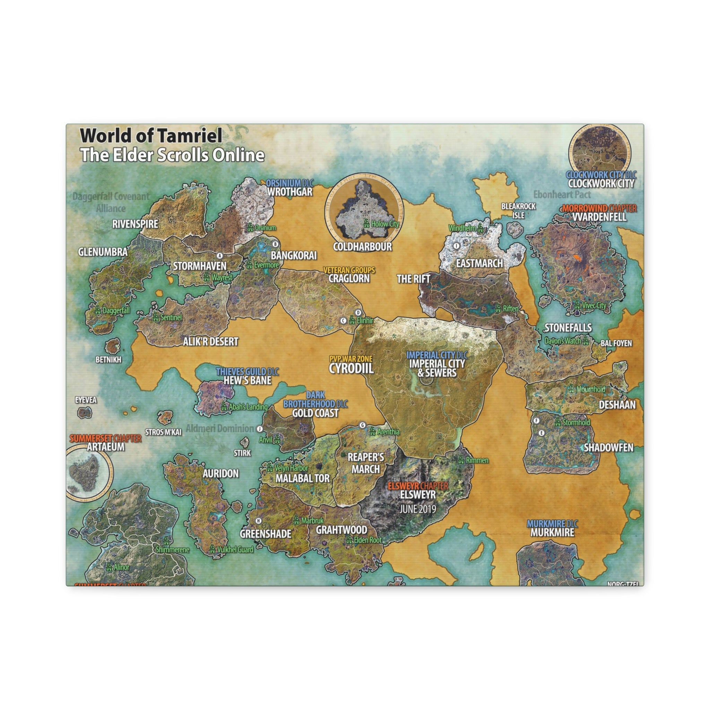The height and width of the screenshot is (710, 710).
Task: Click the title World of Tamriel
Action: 151,136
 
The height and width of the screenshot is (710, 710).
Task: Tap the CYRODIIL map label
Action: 351,368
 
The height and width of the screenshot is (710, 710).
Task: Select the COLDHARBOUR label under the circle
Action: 362,246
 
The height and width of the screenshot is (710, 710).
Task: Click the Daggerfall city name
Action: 116,311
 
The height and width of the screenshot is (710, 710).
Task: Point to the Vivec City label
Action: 594,305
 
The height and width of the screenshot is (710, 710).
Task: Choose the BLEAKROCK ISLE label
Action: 519,210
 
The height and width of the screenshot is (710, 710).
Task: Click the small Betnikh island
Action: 112,346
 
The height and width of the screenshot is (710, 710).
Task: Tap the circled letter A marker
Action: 220,256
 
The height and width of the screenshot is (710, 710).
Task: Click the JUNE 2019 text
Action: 418,509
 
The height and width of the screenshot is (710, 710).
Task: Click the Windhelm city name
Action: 462,228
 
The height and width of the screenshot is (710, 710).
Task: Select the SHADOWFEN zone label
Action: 608,448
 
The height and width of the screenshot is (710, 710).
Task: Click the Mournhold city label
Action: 590,389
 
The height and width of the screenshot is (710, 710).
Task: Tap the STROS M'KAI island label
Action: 163,432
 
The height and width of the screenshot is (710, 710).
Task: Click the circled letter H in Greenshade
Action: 259,521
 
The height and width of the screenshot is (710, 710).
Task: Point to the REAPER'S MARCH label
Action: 366,463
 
